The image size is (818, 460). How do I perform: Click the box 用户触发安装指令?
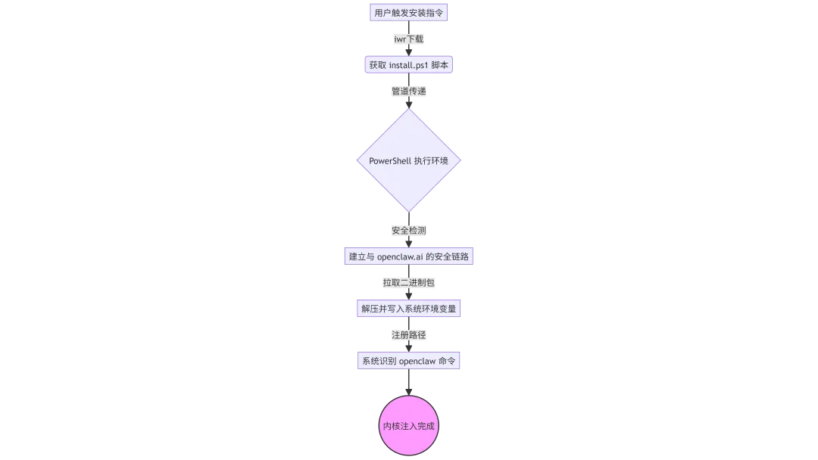click(409, 13)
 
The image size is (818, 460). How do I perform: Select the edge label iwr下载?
click(409, 39)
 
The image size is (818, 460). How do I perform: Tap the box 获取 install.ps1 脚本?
click(409, 65)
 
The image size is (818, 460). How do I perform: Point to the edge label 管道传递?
click(409, 91)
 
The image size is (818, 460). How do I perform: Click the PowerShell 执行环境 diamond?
click(409, 160)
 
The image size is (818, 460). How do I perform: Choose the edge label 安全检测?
click(409, 230)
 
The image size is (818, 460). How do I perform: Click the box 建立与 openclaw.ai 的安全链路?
click(409, 256)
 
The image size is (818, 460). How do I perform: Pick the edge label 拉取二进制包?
click(409, 282)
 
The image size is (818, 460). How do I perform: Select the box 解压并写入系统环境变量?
click(409, 309)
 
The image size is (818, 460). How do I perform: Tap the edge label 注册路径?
click(409, 334)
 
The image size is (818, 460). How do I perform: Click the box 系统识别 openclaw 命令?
click(409, 361)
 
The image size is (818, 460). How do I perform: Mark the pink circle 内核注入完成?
click(409, 426)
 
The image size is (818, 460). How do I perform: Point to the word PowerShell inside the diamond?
click(389, 161)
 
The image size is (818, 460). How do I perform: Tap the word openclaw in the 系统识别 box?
click(417, 361)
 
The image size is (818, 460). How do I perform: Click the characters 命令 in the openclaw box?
click(448, 361)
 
